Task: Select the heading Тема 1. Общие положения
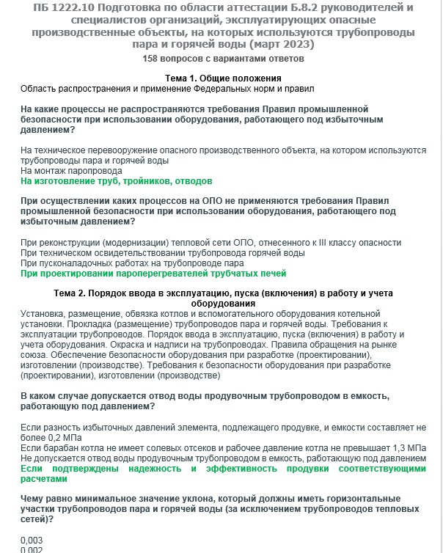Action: pyautogui.click(x=223, y=78)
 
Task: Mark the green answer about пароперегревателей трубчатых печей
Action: pyautogui.click(x=153, y=274)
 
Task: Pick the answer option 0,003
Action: pyautogui.click(x=32, y=539)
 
